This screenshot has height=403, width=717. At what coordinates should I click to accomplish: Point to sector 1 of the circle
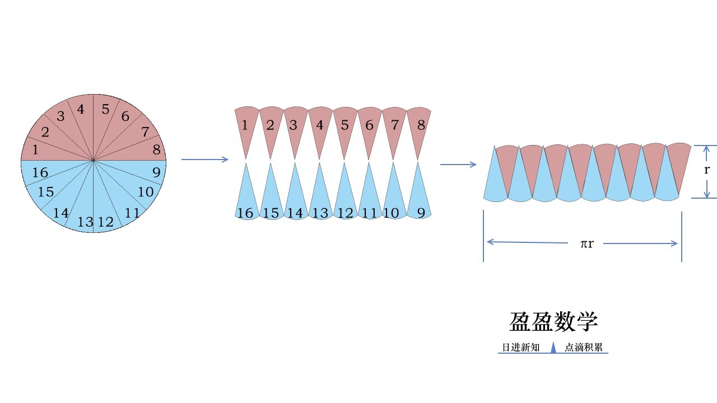click(36, 149)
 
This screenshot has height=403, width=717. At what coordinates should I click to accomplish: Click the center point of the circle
click(94, 160)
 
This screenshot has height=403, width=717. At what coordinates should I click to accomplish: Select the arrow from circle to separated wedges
click(205, 160)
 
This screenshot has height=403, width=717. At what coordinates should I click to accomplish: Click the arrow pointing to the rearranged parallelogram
click(458, 165)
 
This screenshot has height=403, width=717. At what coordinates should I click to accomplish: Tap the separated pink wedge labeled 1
click(245, 125)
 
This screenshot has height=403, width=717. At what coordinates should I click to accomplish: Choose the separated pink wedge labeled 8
click(421, 125)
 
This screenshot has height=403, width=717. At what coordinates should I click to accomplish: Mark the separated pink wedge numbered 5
click(345, 125)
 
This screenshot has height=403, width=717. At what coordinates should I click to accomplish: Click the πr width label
click(586, 243)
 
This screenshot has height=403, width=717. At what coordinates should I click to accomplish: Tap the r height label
click(707, 170)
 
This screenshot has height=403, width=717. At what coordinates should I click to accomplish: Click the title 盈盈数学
click(553, 322)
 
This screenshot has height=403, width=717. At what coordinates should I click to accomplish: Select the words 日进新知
click(520, 348)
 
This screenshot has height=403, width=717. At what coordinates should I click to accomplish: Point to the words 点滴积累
click(584, 348)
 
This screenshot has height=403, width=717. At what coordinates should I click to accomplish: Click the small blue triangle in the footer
click(553, 348)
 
